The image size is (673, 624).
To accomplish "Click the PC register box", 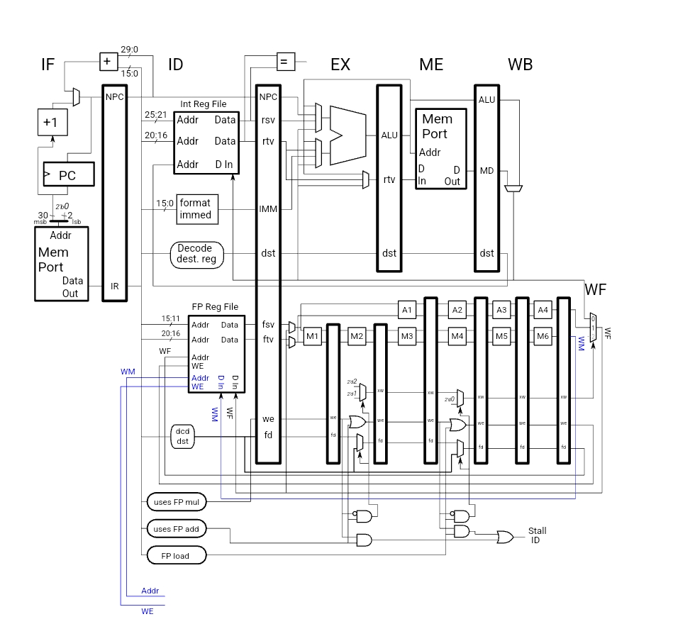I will coord(67,174).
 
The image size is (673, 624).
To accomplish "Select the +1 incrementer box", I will coord(50,122).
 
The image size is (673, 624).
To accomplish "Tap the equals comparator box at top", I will coord(284,62).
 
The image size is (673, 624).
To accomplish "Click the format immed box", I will coord(195,208).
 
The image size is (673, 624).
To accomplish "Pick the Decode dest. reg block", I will coord(196,254).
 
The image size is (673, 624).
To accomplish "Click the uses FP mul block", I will coord(177,502).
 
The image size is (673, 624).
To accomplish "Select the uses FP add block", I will coord(177,528).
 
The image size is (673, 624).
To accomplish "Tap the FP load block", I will coord(177,555).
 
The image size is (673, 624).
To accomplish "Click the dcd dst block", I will coord(182,436).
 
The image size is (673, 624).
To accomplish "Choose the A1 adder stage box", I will coord(406,310).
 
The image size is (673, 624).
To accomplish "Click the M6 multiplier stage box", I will coord(543,336).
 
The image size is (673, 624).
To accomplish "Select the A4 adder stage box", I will coord(543,310).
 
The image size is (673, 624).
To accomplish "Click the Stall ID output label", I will coord(537,535).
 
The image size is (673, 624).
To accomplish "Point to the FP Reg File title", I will coord(215,307).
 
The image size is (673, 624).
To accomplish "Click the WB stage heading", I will coord(520,65).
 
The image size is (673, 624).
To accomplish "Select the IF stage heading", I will coord(48,65).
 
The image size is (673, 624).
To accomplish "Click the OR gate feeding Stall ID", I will coord(506,537).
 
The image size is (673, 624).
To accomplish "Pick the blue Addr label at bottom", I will coord(150,591).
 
